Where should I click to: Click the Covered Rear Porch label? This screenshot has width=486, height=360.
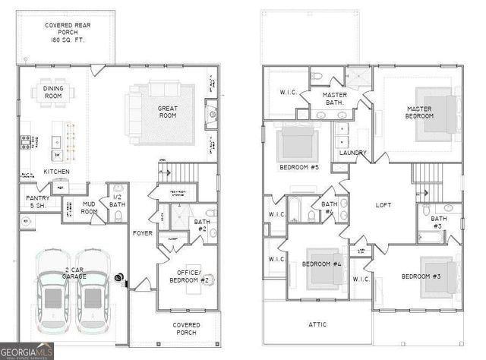click(x=68, y=33)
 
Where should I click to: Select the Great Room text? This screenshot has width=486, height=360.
click(x=168, y=113)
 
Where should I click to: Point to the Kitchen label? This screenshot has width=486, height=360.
click(x=56, y=172)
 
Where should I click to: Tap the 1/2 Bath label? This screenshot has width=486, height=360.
click(x=117, y=200)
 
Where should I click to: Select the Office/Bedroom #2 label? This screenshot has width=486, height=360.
click(x=185, y=276)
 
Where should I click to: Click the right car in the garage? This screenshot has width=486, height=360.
click(x=91, y=294)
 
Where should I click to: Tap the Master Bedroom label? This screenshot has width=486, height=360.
click(x=418, y=113)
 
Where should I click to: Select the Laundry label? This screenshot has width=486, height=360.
click(x=353, y=153)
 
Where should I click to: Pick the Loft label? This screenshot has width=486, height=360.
click(x=384, y=204)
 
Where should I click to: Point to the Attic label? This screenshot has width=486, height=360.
click(x=317, y=324)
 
